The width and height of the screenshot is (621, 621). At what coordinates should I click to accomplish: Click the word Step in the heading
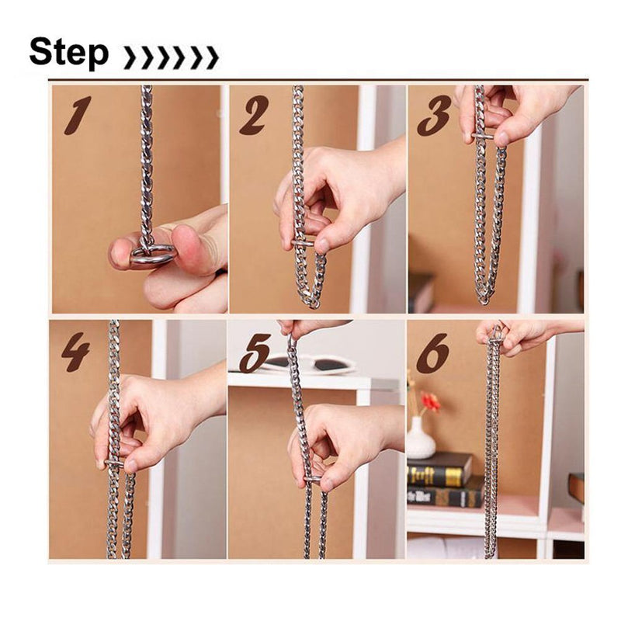[x=68, y=53]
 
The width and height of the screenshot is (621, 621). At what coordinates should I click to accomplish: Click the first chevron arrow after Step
[x=130, y=57]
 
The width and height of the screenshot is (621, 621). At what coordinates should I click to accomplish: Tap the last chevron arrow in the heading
[x=211, y=57]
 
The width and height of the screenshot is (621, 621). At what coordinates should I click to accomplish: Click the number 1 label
[x=78, y=116]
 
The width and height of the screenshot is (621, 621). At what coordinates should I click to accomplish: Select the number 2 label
[x=253, y=116]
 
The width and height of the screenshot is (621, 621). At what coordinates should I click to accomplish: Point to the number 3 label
[x=433, y=116]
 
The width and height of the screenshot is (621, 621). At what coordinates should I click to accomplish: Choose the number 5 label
[x=254, y=353]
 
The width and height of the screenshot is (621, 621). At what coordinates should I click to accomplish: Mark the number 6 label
[x=432, y=353]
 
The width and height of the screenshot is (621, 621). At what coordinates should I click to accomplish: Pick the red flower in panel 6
[x=430, y=401]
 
